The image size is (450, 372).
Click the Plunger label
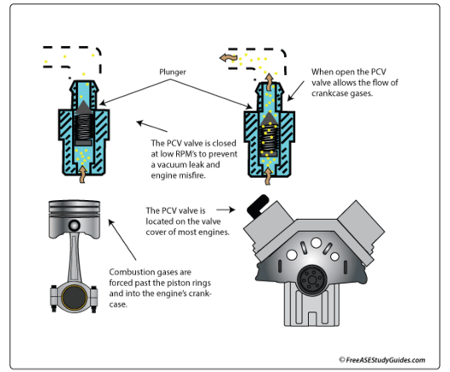tap(173, 72)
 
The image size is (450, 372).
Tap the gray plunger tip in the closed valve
tap(84, 107)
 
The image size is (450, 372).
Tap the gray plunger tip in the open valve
tap(269, 118)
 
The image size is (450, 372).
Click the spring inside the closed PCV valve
tap(84, 127)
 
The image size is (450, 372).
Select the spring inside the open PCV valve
tap(269, 138)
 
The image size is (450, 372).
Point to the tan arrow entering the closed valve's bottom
tap(83, 174)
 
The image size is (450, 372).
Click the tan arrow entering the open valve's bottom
tap(268, 176)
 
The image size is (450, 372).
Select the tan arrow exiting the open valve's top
tap(269, 79)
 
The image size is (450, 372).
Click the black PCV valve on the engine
tap(258, 204)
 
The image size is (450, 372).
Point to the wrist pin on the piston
tap(74, 225)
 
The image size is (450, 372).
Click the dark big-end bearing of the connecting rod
tap(74, 298)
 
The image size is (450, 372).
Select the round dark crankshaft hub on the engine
tap(312, 280)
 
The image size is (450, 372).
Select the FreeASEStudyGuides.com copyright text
tap(382, 360)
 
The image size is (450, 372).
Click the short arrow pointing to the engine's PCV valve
tap(226, 210)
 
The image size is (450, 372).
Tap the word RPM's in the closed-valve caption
tap(186, 154)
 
